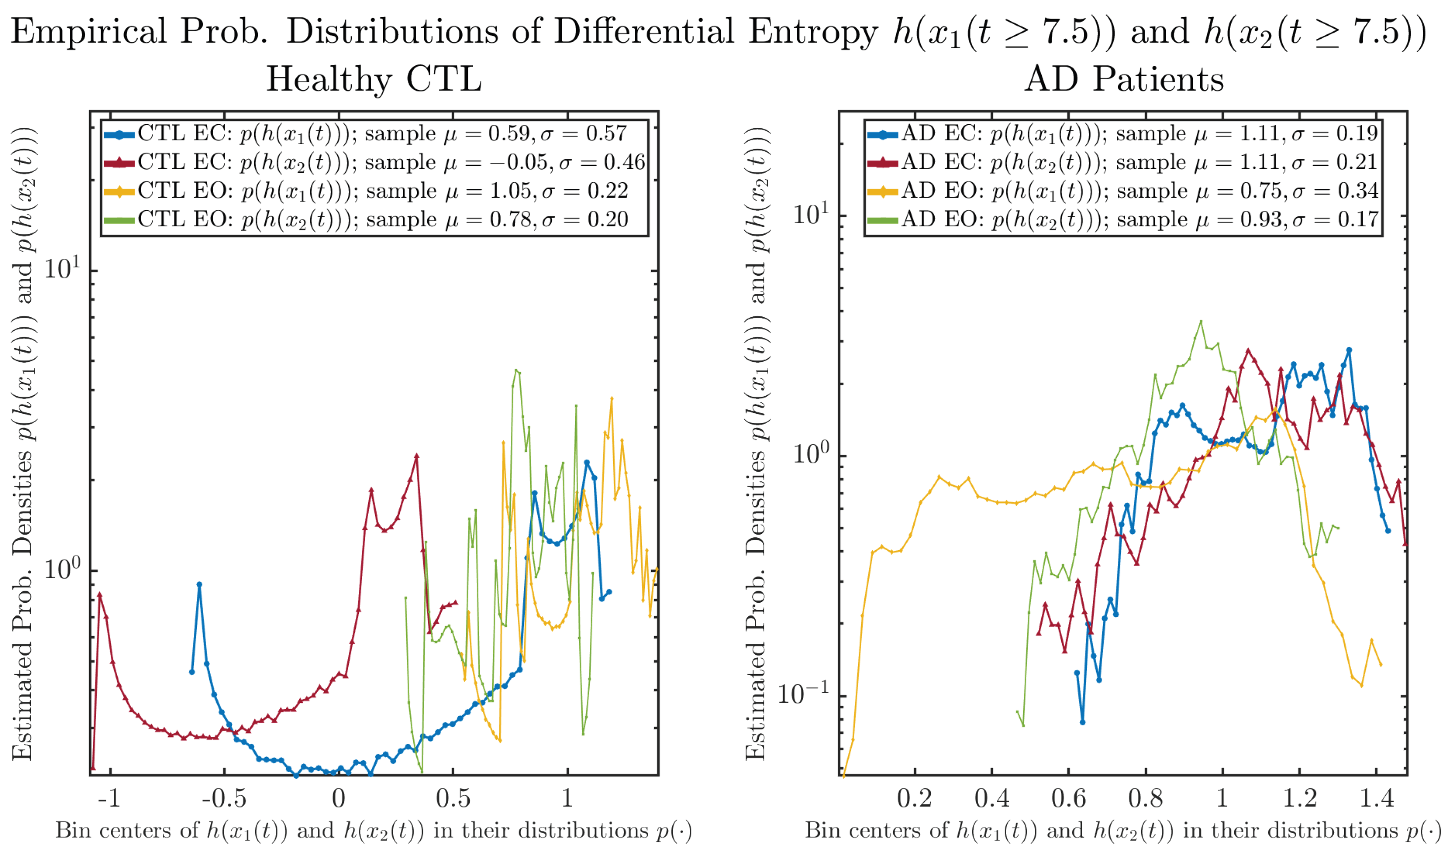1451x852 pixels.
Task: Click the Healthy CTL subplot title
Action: tap(374, 79)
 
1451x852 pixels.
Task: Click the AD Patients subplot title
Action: tap(1123, 79)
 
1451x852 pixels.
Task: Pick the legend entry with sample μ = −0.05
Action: tap(374, 162)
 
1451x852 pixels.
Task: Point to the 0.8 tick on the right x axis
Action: tap(1146, 799)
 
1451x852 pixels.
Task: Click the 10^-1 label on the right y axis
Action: tap(804, 695)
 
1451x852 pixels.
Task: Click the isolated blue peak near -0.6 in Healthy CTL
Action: tap(199, 584)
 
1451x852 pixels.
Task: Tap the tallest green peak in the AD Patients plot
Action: tap(1201, 322)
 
